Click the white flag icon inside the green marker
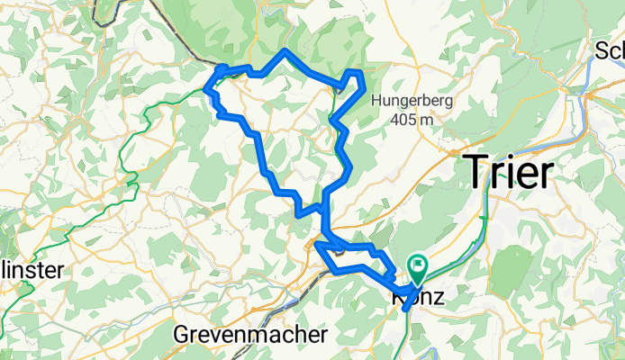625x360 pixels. pyautogui.click(x=418, y=265)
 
